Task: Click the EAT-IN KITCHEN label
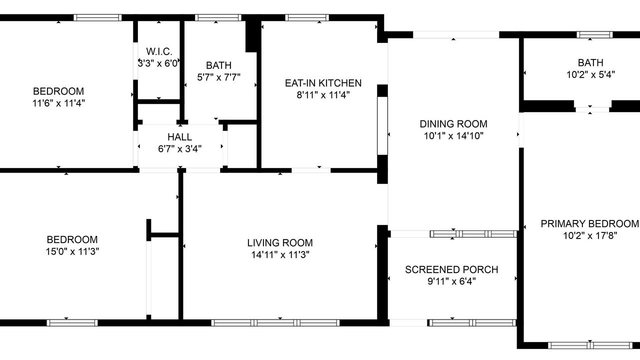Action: pos(323,83)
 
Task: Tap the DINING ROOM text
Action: pos(453,124)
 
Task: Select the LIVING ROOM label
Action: pos(280,243)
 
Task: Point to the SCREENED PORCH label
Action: pos(451,269)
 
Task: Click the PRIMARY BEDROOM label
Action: pos(589,223)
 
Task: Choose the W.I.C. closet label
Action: pos(159,51)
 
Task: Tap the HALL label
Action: pos(179,137)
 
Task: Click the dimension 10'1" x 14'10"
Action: pos(453,135)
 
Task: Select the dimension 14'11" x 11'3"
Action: pos(280,254)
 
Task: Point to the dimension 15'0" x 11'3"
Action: pos(72,251)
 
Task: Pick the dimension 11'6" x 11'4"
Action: pos(58,103)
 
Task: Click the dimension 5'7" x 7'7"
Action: pos(218,77)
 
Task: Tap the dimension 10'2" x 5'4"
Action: pos(590,74)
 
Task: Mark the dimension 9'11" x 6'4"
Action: pos(451,281)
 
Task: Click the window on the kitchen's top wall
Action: pos(307,17)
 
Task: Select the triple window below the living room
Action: pos(275,323)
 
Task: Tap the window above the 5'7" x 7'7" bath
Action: pos(218,17)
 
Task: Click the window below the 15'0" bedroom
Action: pos(72,323)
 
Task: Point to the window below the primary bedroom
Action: pos(590,345)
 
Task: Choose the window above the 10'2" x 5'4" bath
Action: pos(594,35)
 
